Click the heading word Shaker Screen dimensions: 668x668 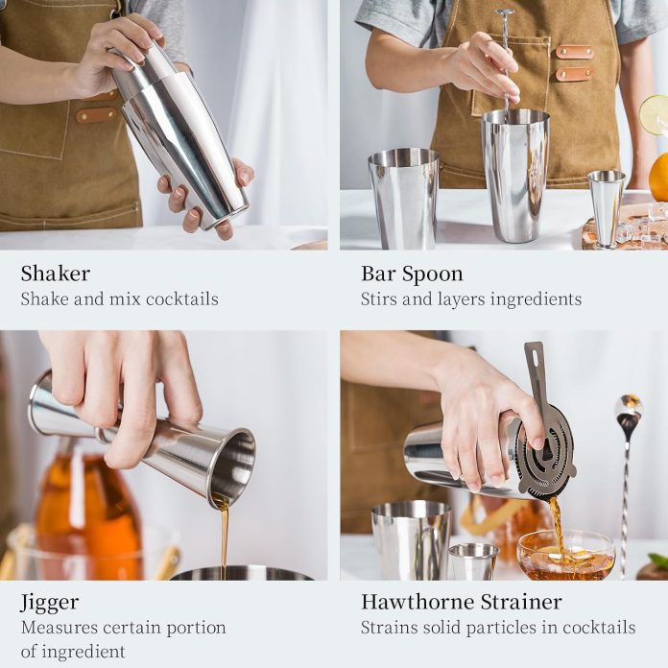pos(56,274)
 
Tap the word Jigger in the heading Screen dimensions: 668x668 pos(50,603)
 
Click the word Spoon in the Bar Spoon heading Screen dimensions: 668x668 pos(432,274)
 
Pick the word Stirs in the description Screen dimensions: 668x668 pos(380,299)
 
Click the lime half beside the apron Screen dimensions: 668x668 pos(655,115)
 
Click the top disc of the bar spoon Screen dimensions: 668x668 pos(503,13)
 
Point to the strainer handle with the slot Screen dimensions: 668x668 pos(536,374)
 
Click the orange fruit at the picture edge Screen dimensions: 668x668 pos(659,177)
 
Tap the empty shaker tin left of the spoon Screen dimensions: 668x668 pos(403,197)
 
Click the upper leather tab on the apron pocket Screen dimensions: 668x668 pos(574,52)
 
